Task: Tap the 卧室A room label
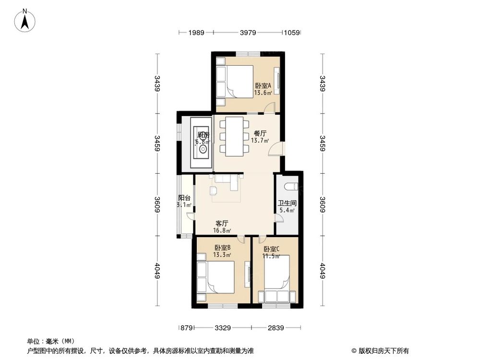coord(263,86)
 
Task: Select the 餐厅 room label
coord(259,134)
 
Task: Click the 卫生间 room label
coord(286,203)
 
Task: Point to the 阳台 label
coord(184,198)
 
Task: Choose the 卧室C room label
coord(271,249)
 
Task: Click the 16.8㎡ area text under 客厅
coord(222,230)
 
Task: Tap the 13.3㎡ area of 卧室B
coord(222,254)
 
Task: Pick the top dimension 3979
coord(248,33)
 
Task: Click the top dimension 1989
coord(196,33)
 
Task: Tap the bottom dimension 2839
coord(276,328)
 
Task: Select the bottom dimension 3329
coord(223,328)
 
